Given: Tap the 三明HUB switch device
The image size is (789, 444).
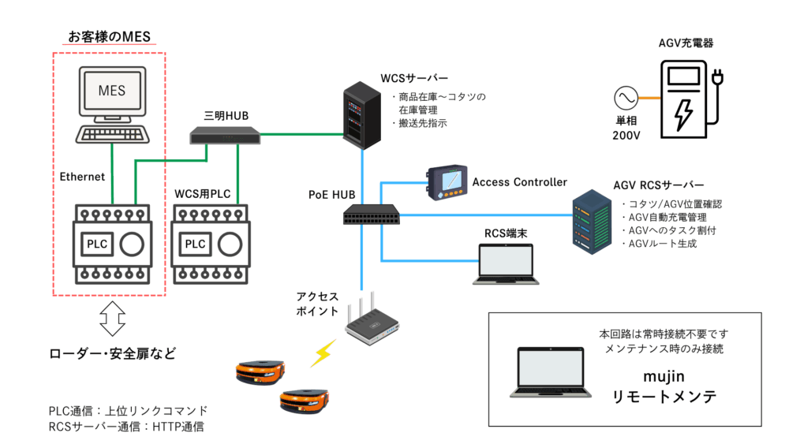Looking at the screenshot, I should click(x=224, y=136).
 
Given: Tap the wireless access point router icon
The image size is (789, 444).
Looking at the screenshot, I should click(x=372, y=324).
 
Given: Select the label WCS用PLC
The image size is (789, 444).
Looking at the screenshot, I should click(x=202, y=193).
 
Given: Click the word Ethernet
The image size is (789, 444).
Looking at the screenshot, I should click(x=82, y=177).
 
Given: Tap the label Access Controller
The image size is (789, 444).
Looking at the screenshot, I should click(x=519, y=182).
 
